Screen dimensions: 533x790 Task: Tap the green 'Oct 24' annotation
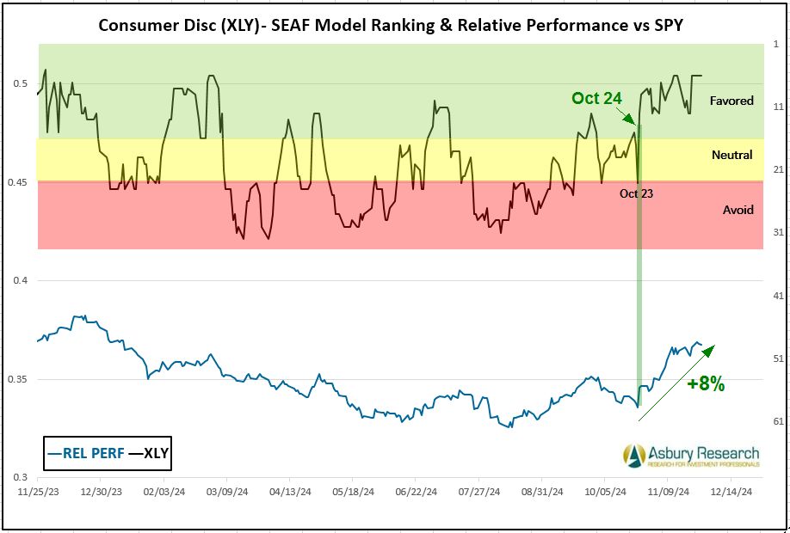596,98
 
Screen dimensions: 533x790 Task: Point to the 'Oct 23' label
636,193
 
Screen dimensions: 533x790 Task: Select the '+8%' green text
706,385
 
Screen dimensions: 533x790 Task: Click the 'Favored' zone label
731,101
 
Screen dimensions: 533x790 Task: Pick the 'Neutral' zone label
732,156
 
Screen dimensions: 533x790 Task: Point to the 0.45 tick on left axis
20,182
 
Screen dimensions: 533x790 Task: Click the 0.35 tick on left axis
20,379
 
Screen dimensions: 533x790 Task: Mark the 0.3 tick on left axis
23,477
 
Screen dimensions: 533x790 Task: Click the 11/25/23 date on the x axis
39,493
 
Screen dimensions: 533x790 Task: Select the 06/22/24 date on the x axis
414,493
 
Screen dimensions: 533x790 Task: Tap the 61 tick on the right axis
777,420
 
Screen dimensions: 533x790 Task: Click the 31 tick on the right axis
777,232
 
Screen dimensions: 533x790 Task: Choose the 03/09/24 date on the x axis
226,493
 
